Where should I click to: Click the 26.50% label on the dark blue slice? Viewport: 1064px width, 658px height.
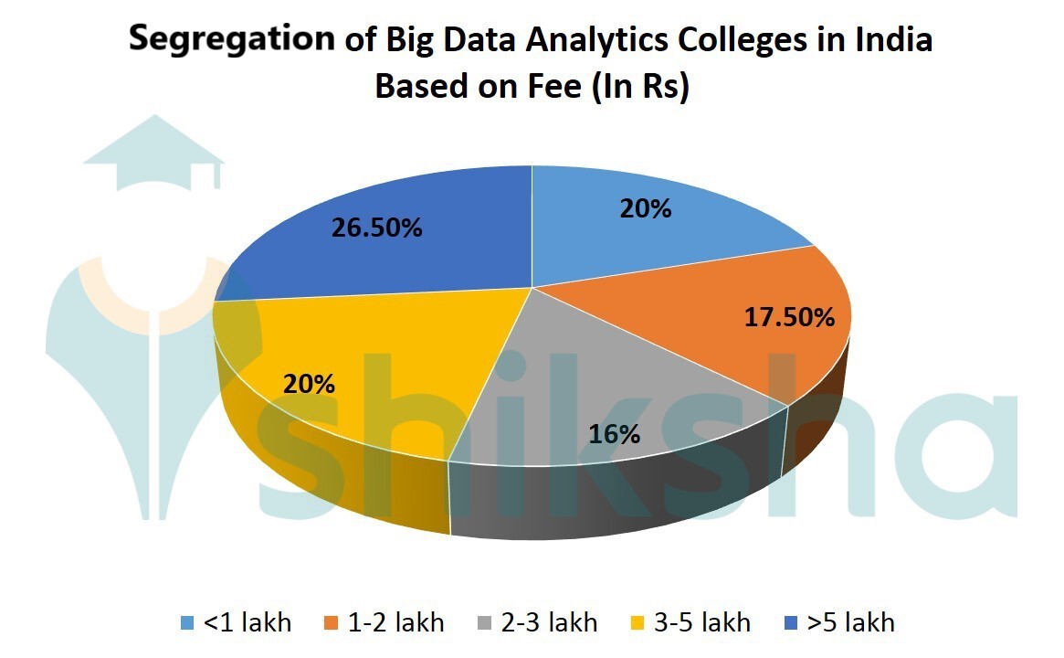click(377, 228)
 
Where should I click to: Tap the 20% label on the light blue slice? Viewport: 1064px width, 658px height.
click(647, 209)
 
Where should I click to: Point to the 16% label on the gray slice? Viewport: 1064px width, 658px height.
click(615, 434)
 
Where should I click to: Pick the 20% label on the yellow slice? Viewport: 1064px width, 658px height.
click(309, 384)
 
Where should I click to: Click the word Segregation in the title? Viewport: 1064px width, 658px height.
click(231, 39)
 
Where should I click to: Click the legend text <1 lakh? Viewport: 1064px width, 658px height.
click(248, 623)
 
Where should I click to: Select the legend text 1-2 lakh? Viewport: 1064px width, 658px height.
click(396, 623)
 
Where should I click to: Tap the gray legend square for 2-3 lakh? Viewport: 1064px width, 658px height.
click(485, 624)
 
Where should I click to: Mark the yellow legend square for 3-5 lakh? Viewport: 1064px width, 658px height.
click(637, 624)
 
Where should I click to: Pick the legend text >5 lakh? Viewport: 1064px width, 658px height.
click(850, 623)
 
